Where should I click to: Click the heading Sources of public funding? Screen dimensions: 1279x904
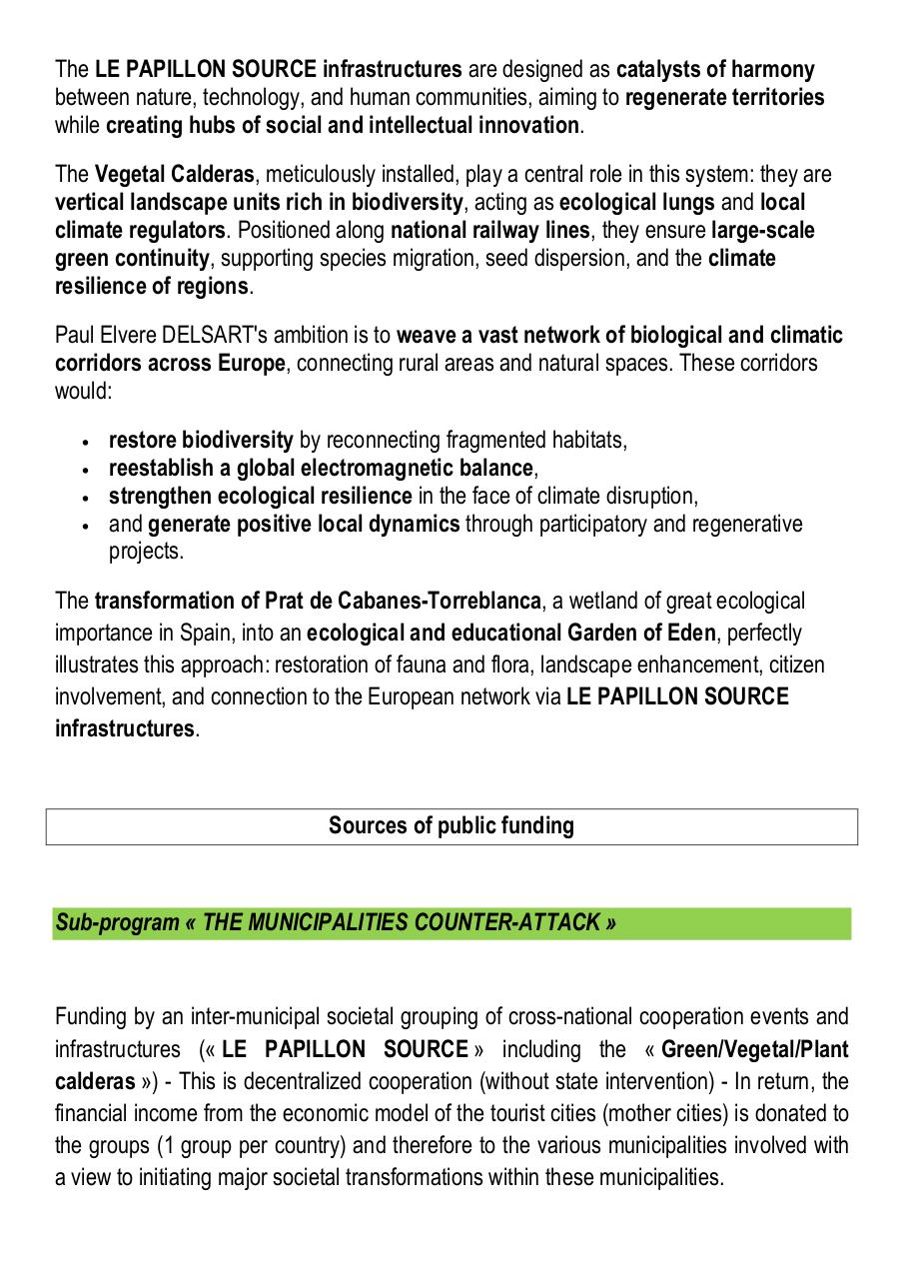tap(451, 825)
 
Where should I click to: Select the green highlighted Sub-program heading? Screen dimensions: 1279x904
tap(336, 922)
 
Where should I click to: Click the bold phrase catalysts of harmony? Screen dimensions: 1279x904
tap(714, 70)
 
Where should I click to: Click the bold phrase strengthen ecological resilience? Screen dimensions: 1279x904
tap(260, 497)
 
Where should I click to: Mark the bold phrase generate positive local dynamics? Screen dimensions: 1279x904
tap(304, 525)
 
